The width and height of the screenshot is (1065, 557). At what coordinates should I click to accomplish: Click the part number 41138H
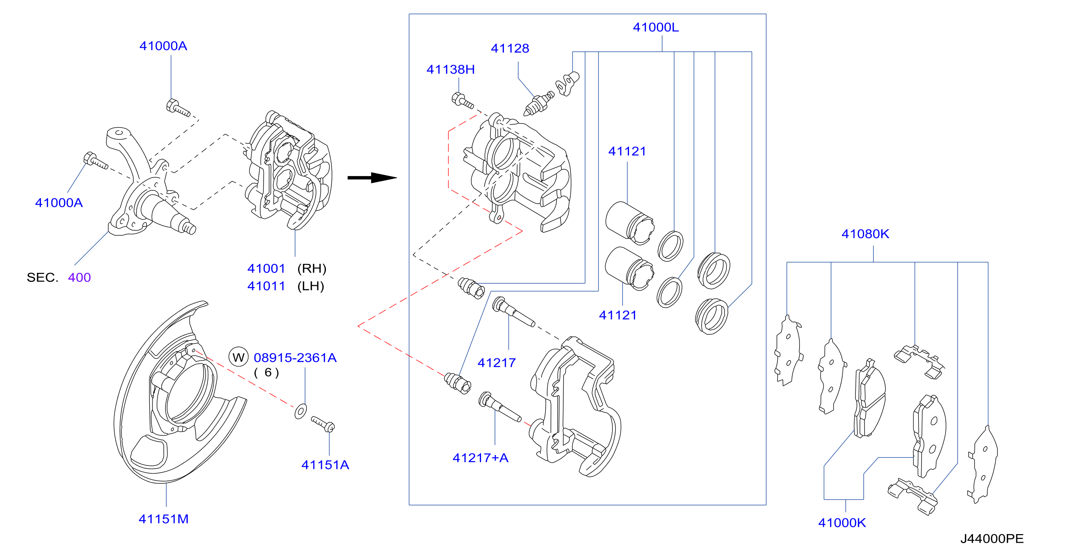click(450, 69)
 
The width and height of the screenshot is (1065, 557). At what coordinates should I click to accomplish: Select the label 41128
click(510, 48)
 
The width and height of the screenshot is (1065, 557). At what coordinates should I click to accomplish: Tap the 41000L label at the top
click(656, 27)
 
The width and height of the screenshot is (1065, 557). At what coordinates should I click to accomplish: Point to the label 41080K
click(865, 234)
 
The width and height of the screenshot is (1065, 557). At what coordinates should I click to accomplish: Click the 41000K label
click(842, 523)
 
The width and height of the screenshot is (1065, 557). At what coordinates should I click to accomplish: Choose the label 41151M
click(163, 519)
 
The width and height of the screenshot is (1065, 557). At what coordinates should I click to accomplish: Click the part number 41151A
click(325, 465)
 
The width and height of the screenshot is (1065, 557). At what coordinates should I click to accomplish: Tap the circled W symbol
click(238, 357)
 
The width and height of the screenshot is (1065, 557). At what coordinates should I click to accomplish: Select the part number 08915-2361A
click(295, 358)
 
